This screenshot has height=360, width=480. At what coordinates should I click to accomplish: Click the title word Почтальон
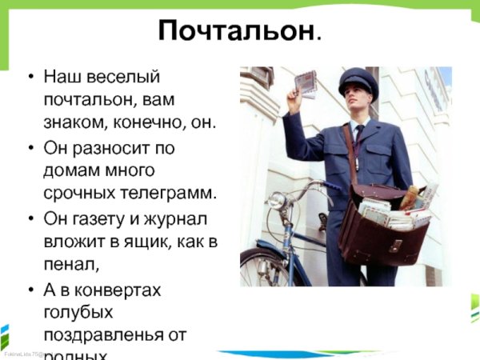coord(237,31)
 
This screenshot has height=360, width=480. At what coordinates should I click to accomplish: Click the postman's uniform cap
coord(357,79)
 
